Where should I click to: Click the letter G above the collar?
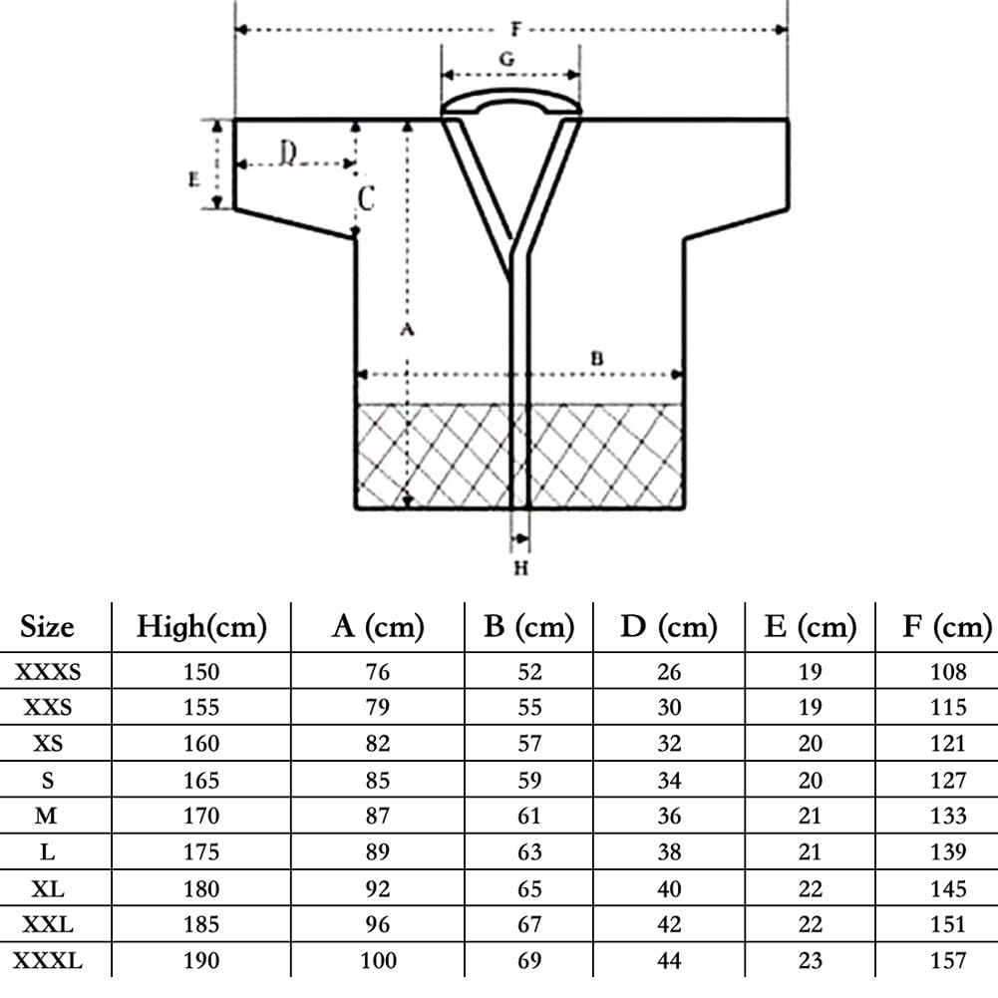tap(506, 59)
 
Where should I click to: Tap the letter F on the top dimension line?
tap(516, 29)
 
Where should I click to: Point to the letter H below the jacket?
tap(521, 567)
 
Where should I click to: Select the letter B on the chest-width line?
tap(596, 358)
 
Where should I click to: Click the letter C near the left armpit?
tap(366, 198)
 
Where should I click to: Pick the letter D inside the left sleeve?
tap(288, 153)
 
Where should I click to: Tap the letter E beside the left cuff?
tap(194, 179)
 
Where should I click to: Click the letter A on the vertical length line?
tap(408, 329)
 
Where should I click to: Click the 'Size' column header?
tap(47, 627)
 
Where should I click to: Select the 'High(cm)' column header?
tap(201, 627)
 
